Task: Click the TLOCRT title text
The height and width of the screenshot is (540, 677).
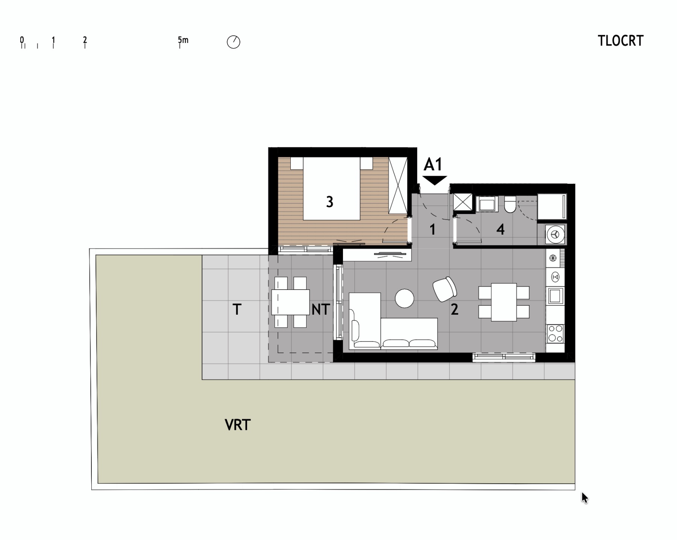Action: pyautogui.click(x=621, y=41)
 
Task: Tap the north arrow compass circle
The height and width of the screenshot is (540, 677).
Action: pyautogui.click(x=234, y=42)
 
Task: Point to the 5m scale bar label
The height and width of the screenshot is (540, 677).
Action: pyautogui.click(x=183, y=39)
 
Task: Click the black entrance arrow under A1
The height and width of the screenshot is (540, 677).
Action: pyautogui.click(x=434, y=180)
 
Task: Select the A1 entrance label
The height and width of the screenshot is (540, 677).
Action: pyautogui.click(x=433, y=164)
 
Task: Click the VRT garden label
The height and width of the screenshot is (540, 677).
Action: pyautogui.click(x=238, y=425)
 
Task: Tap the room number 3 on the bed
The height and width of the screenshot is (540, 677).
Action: pyautogui.click(x=329, y=202)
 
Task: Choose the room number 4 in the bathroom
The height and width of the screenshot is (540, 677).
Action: pyautogui.click(x=500, y=229)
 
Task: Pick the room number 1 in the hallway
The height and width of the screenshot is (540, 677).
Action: pyautogui.click(x=433, y=229)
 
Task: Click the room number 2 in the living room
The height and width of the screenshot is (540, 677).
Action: pyautogui.click(x=454, y=309)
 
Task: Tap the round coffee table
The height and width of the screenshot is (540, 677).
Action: pyautogui.click(x=404, y=298)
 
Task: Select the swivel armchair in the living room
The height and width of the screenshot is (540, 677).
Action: pyautogui.click(x=445, y=289)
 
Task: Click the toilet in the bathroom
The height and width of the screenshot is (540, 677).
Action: pyautogui.click(x=510, y=205)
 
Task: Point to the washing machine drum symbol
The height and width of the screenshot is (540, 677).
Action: pyautogui.click(x=555, y=235)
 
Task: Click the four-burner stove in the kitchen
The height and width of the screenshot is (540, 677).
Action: pyautogui.click(x=555, y=334)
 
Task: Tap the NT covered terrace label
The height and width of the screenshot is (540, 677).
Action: pyautogui.click(x=321, y=309)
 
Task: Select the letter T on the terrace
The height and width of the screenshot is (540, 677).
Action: pyautogui.click(x=237, y=309)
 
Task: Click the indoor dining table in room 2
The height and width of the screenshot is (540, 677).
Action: pyautogui.click(x=504, y=302)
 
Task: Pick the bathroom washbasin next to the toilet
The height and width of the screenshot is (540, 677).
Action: pyautogui.click(x=487, y=205)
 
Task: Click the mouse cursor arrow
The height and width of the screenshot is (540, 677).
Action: pyautogui.click(x=584, y=498)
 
